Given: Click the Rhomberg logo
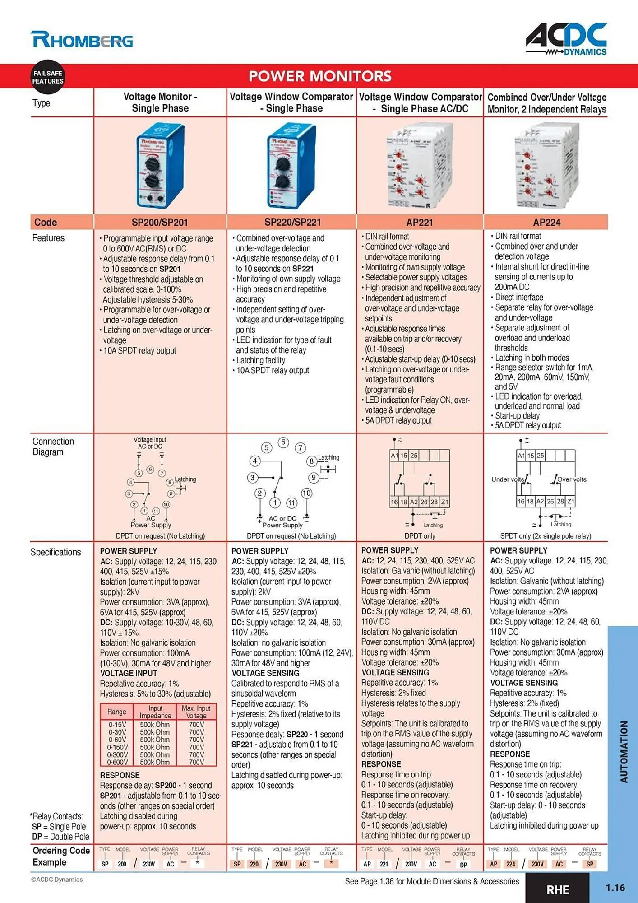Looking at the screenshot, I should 82,40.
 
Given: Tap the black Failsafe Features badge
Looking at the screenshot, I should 48,77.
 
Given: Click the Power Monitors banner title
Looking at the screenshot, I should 320,76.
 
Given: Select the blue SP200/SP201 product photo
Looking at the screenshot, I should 160,166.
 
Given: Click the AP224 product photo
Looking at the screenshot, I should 547,166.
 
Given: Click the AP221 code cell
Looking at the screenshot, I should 420,222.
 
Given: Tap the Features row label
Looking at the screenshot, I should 48,238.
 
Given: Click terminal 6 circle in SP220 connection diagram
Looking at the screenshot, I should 283,442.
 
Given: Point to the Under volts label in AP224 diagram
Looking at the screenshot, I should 508,479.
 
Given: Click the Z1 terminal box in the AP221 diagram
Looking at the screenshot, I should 444,502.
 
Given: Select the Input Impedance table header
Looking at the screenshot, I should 155,712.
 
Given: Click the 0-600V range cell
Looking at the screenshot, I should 117,762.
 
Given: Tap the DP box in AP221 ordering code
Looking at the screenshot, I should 463,864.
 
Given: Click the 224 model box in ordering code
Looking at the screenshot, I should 510,864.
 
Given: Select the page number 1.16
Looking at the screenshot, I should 615,888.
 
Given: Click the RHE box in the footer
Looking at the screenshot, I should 558,889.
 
